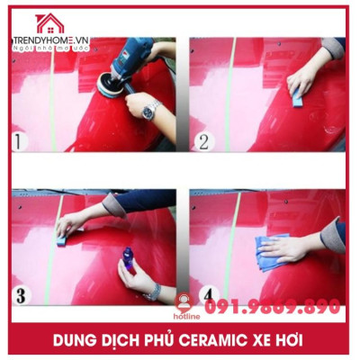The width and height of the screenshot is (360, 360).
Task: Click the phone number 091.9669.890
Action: (272, 307)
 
